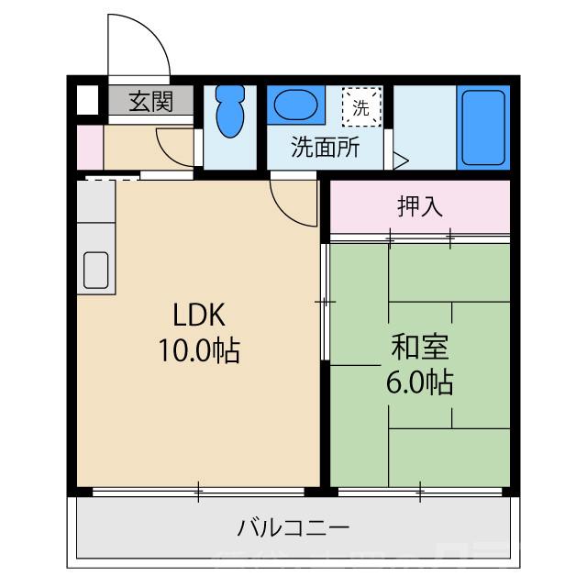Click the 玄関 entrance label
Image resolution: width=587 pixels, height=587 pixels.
point(150,102)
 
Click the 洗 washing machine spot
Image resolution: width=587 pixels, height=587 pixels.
point(359,105)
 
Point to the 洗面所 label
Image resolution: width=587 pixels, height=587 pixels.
point(325,148)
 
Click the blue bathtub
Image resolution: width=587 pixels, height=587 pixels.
point(482,128)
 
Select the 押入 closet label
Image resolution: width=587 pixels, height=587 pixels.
point(420,206)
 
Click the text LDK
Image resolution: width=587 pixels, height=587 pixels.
point(199,315)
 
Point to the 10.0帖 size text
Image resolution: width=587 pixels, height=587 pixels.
point(199,350)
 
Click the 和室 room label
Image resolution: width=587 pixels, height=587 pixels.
point(420,348)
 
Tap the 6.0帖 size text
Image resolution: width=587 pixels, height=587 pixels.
point(420,382)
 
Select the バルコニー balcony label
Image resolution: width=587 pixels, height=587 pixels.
point(293,528)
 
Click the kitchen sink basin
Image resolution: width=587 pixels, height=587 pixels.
point(97,270)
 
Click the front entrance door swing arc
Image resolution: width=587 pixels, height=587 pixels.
point(138,46)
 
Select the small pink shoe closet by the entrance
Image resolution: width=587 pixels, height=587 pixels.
point(89,146)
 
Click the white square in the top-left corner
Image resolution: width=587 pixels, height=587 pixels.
point(86,99)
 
